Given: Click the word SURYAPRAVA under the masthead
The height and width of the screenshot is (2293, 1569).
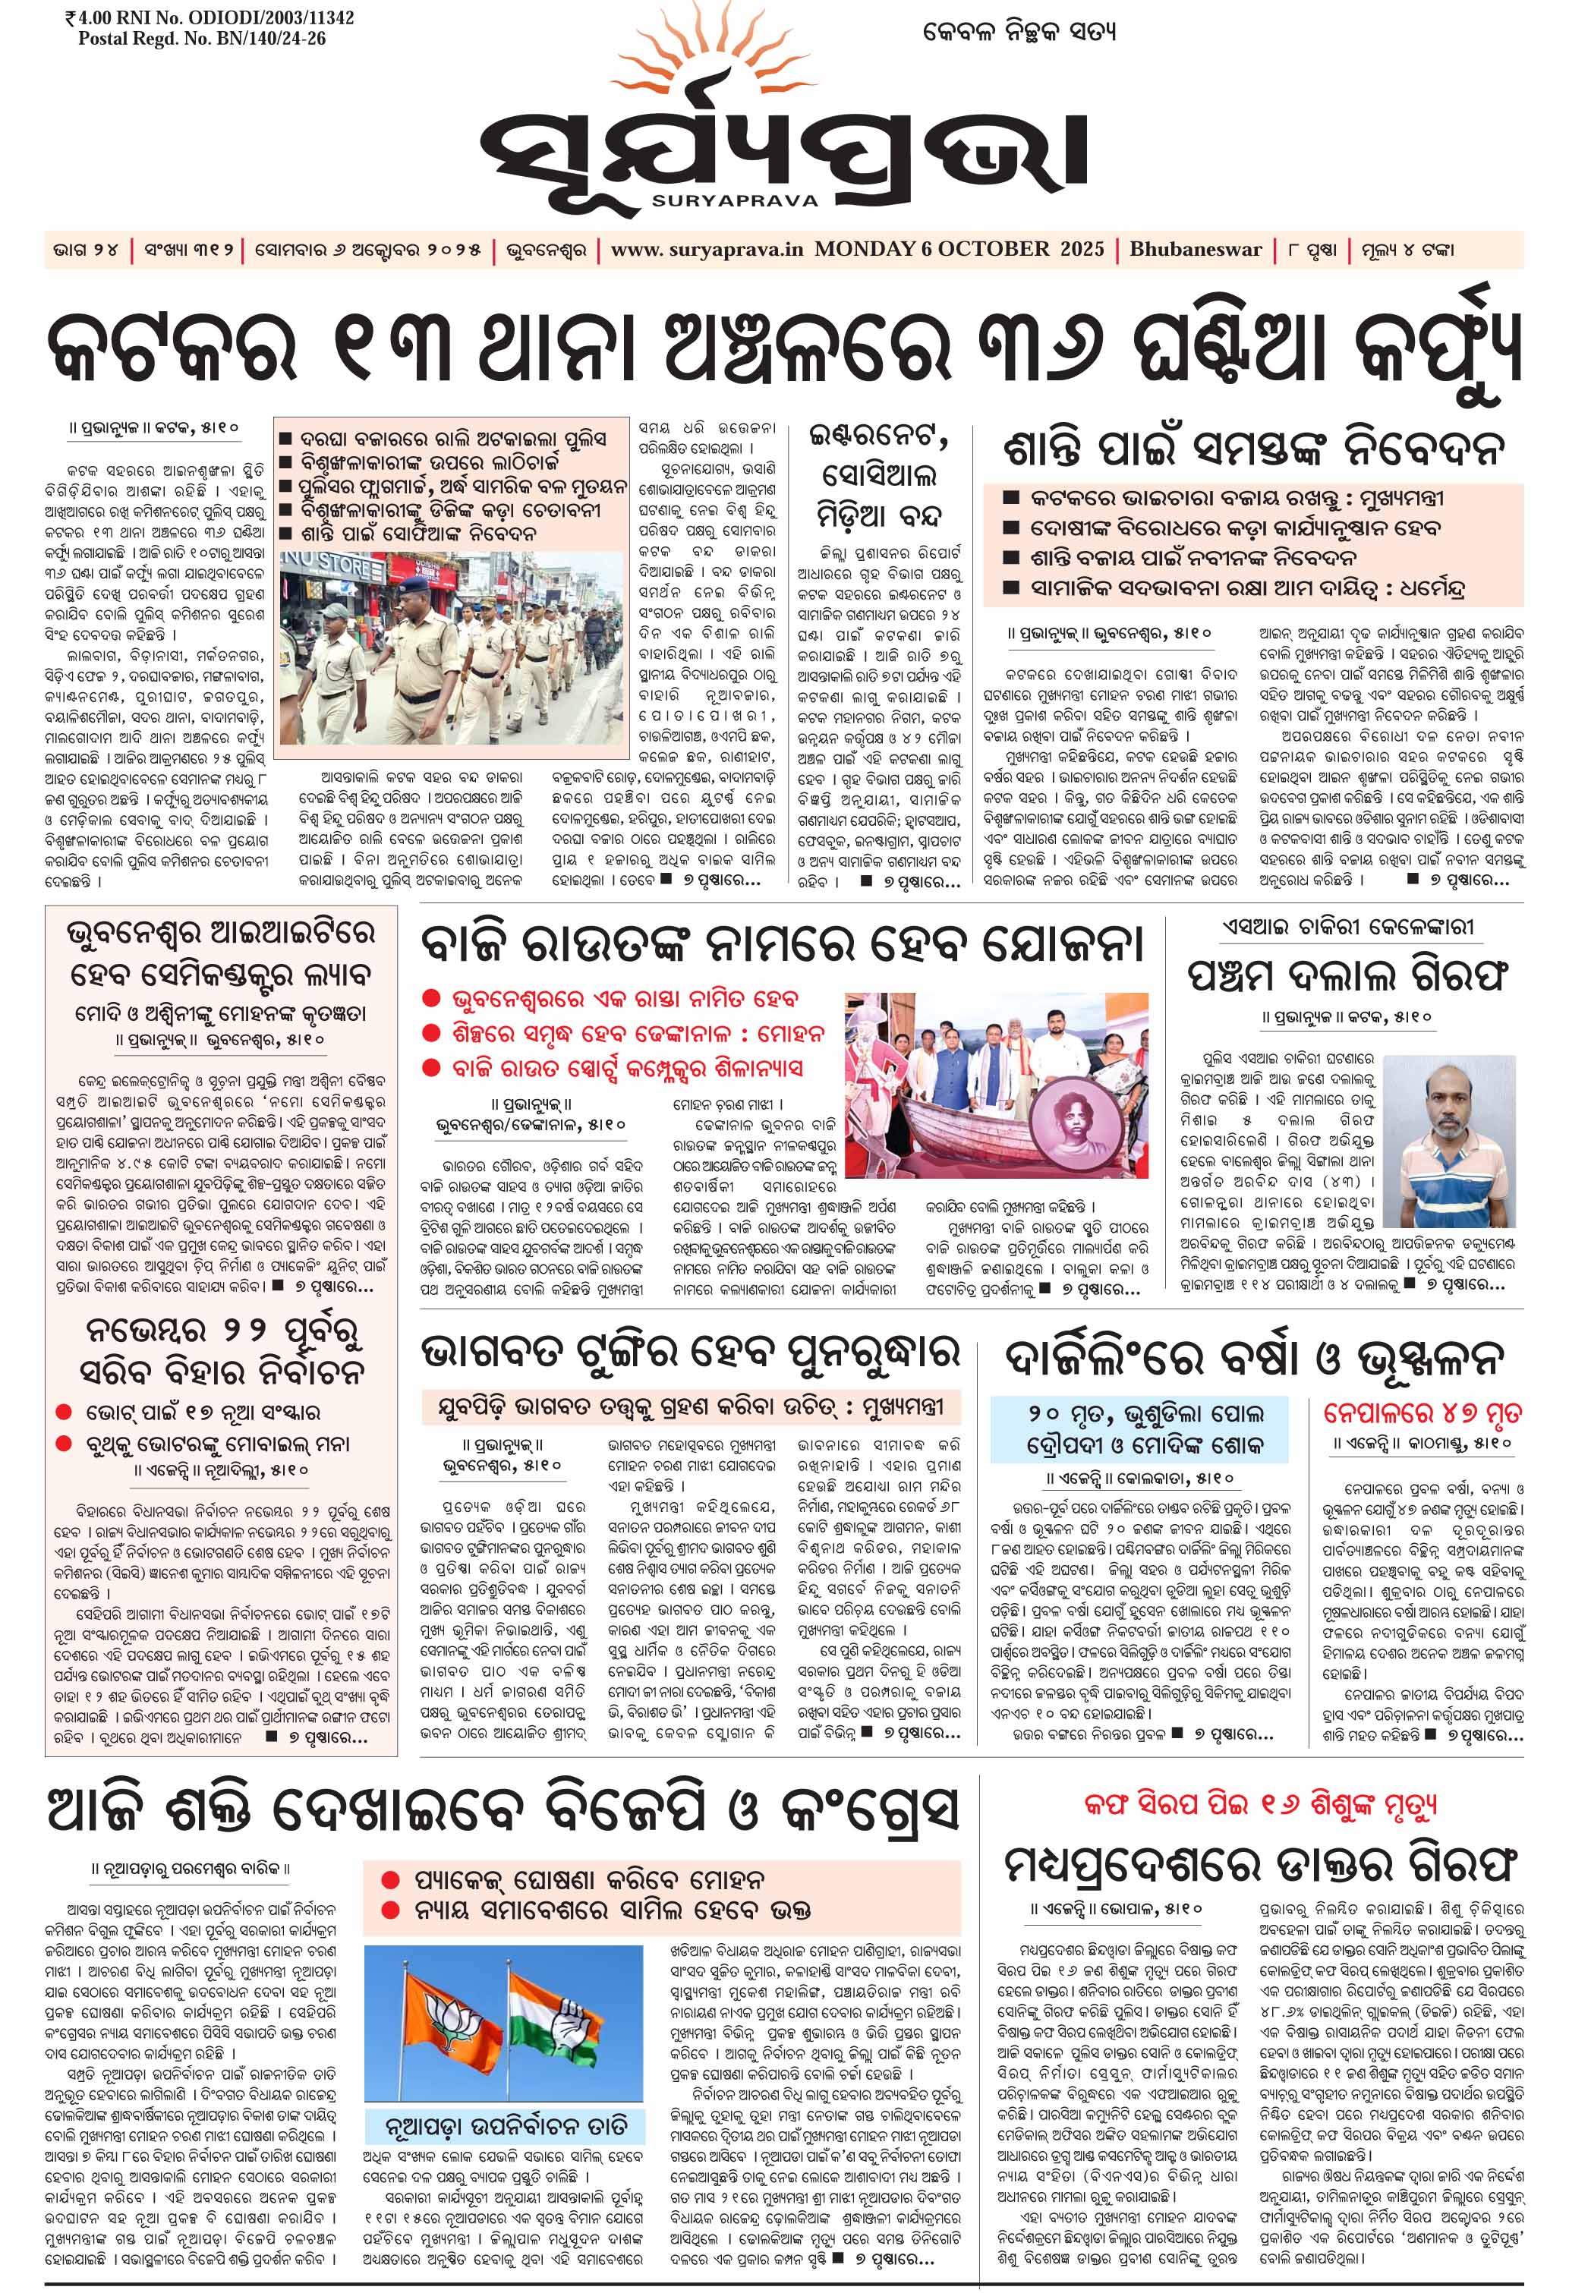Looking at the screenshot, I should pyautogui.click(x=734, y=200).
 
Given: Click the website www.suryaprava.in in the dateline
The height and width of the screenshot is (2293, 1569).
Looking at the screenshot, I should pyautogui.click(x=707, y=249).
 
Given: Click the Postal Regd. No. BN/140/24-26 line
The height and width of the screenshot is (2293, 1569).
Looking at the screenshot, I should pyautogui.click(x=201, y=39).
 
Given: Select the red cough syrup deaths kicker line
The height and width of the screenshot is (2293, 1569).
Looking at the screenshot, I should pyautogui.click(x=1259, y=1805).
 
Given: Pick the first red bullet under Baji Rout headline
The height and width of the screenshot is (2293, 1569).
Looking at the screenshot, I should pyautogui.click(x=430, y=1000).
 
